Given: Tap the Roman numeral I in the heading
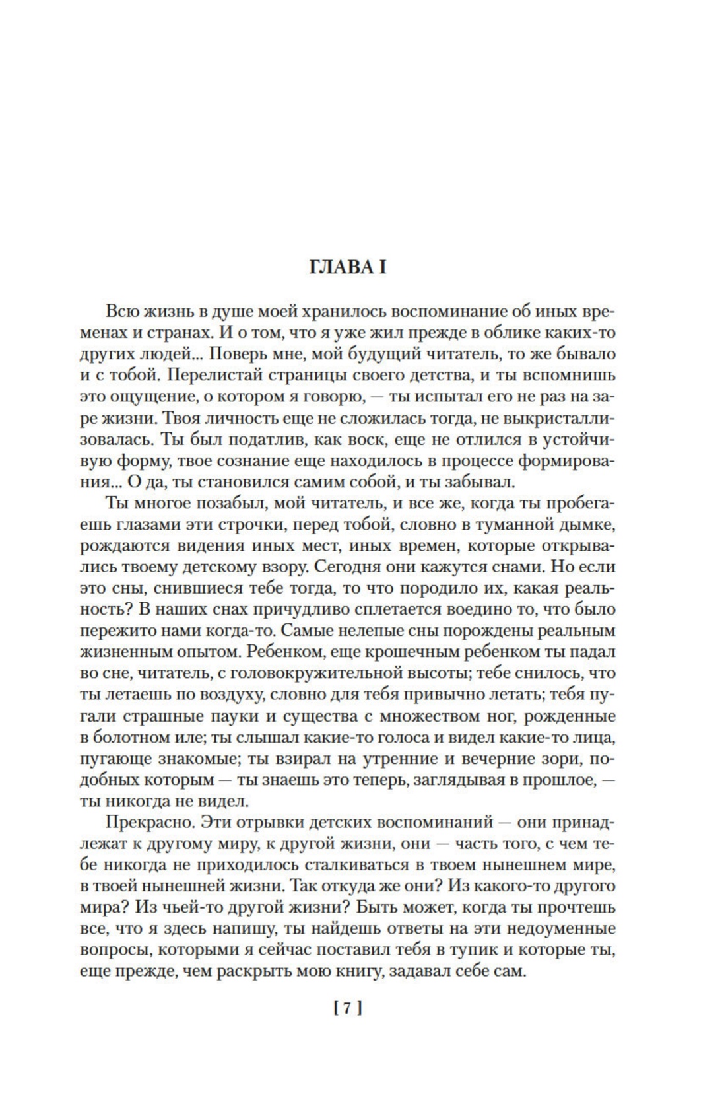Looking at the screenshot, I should [381, 268].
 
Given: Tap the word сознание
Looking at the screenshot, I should [251, 461].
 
